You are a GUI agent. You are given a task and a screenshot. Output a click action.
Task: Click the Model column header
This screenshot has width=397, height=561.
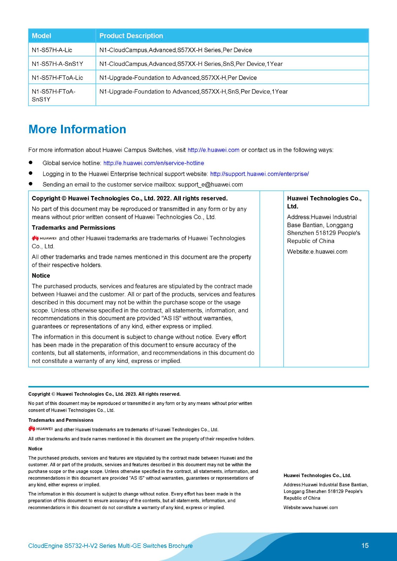pyautogui.click(x=41, y=36)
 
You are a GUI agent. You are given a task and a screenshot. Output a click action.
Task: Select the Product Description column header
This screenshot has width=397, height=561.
pyautogui.click(x=131, y=36)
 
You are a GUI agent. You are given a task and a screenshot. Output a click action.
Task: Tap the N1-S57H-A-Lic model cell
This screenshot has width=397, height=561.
pyautogui.click(x=52, y=50)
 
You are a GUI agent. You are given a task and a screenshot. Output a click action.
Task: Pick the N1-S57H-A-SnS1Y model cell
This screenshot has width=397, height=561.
pyautogui.click(x=57, y=64)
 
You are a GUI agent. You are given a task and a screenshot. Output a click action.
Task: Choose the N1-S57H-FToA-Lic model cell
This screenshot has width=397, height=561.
pyautogui.click(x=57, y=77)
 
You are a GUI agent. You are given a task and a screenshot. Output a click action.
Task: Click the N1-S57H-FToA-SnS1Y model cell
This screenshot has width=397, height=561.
pyautogui.click(x=53, y=95)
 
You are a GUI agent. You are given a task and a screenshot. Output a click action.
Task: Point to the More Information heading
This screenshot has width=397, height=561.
pyautogui.click(x=77, y=129)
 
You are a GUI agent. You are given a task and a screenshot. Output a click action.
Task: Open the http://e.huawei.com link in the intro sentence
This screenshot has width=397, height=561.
pyautogui.click(x=213, y=150)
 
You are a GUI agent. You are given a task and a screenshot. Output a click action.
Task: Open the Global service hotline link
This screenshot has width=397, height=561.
pyautogui.click(x=153, y=163)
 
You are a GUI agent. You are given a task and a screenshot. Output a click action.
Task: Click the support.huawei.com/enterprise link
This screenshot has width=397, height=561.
pyautogui.click(x=259, y=174)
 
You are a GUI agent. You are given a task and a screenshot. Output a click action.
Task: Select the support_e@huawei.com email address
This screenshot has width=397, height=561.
pyautogui.click(x=210, y=184)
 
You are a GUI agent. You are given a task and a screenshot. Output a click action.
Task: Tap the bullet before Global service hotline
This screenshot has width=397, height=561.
pyautogui.click(x=31, y=163)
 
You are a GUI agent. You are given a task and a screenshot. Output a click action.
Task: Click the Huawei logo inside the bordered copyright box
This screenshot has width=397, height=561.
pyautogui.click(x=44, y=238)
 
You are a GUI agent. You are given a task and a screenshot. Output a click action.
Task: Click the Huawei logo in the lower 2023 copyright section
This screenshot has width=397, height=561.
pyautogui.click(x=40, y=429)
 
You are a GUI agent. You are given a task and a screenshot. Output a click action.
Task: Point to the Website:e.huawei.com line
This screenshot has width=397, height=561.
pyautogui.click(x=317, y=251)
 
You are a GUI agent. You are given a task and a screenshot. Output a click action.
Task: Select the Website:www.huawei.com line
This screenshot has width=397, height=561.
pyautogui.click(x=311, y=507)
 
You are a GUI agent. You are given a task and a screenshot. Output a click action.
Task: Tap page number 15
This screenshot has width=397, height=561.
pyautogui.click(x=365, y=545)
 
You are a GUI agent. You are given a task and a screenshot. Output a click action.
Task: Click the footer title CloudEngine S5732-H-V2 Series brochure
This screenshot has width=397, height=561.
pyautogui.click(x=110, y=546)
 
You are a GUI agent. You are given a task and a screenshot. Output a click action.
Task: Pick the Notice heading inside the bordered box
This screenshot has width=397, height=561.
pyautogui.click(x=41, y=276)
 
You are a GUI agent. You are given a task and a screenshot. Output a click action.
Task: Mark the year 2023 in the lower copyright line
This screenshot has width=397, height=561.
pyautogui.click(x=131, y=394)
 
